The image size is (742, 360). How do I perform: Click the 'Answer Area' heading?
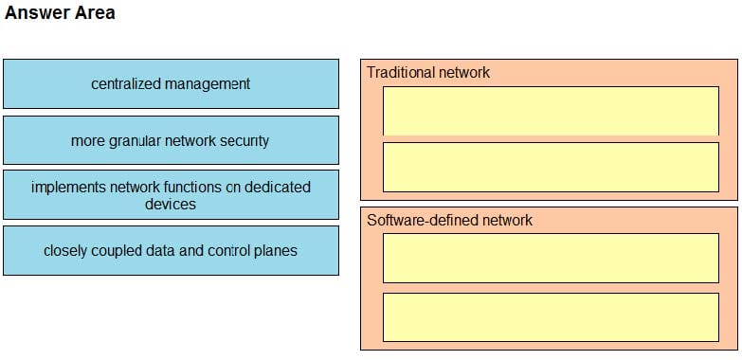click(x=60, y=13)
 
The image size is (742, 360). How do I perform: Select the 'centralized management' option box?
click(x=171, y=83)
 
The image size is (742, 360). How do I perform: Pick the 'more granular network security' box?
click(x=171, y=140)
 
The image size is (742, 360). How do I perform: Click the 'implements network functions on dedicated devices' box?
click(x=171, y=195)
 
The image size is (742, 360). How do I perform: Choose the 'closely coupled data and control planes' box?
click(x=171, y=250)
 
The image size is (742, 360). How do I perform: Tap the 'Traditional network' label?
click(x=428, y=72)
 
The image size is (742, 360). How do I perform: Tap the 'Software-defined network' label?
click(x=449, y=220)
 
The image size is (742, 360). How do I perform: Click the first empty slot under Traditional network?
click(x=551, y=111)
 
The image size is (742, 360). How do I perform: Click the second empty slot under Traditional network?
click(x=551, y=167)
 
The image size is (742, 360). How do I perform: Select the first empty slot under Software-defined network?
click(x=551, y=258)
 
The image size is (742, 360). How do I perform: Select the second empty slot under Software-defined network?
click(x=551, y=316)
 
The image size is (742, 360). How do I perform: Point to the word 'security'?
click(x=244, y=140)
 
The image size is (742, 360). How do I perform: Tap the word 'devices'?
click(x=171, y=204)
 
